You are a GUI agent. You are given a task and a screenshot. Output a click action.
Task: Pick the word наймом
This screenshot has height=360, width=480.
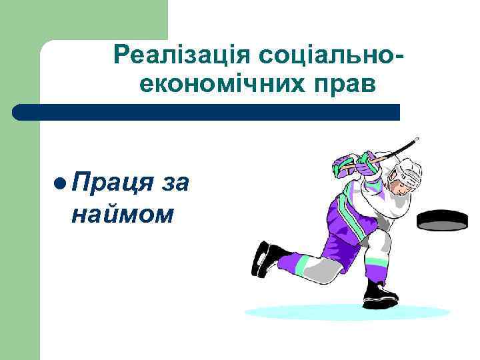tap(123, 214)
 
